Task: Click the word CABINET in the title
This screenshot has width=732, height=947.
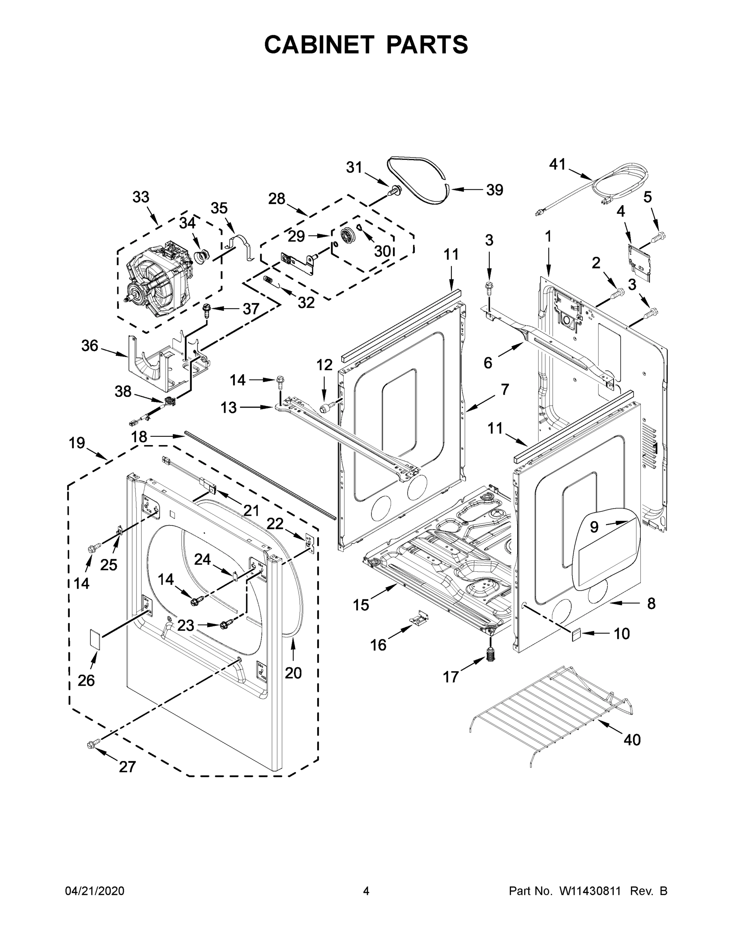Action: tap(319, 45)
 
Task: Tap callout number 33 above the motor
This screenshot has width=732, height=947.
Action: tap(140, 197)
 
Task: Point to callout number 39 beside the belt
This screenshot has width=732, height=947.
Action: tap(494, 190)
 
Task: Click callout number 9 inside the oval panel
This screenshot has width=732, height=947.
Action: tap(594, 527)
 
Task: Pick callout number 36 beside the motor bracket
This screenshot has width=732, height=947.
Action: tap(90, 346)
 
